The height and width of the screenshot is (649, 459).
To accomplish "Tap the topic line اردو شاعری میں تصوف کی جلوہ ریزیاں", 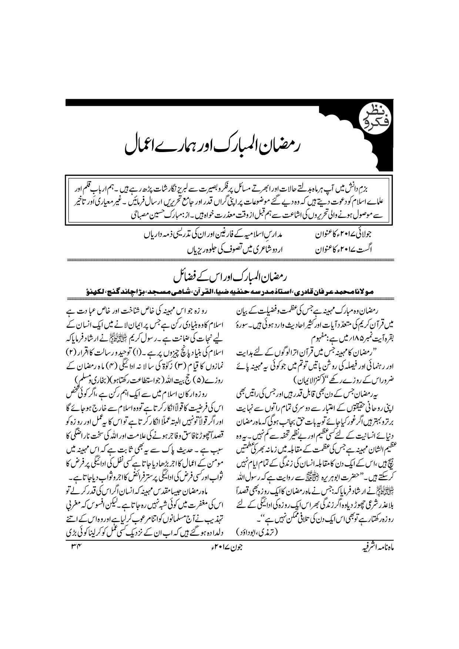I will tap(233, 250).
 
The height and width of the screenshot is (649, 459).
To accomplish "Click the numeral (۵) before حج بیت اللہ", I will tap(194, 379).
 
